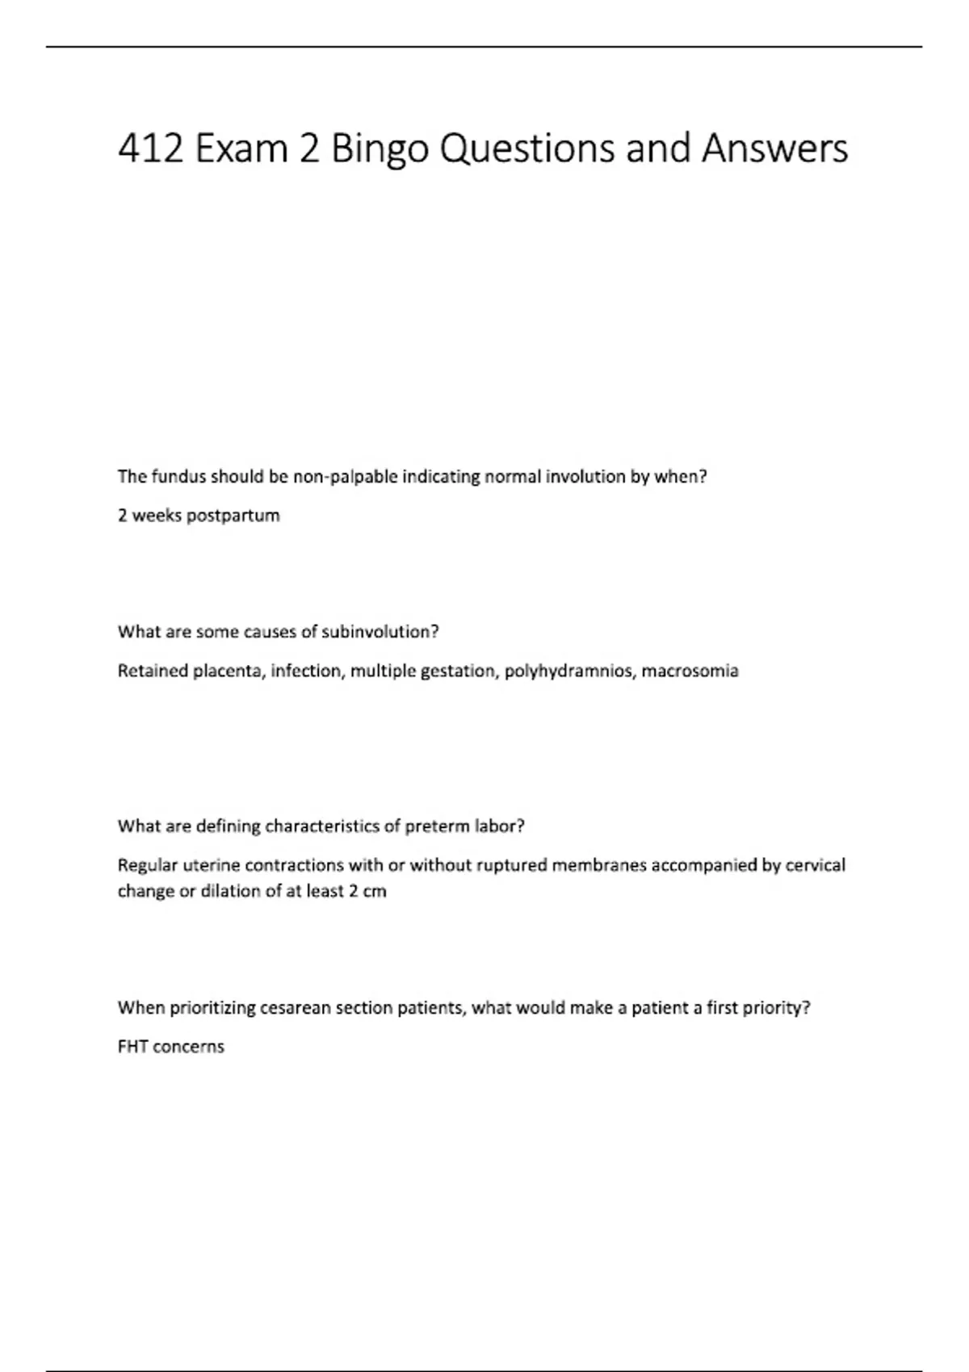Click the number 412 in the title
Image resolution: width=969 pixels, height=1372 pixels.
coord(150,149)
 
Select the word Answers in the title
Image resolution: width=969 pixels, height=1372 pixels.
coord(774,149)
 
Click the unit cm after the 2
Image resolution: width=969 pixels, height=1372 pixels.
coord(375,892)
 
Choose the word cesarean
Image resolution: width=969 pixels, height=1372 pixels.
coord(296,1008)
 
